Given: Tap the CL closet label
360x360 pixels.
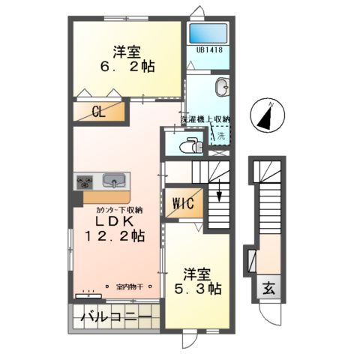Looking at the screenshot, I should click(x=98, y=112).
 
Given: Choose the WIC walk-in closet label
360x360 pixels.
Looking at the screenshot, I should click(x=184, y=202).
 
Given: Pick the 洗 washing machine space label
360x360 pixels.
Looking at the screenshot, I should click(x=220, y=136).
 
